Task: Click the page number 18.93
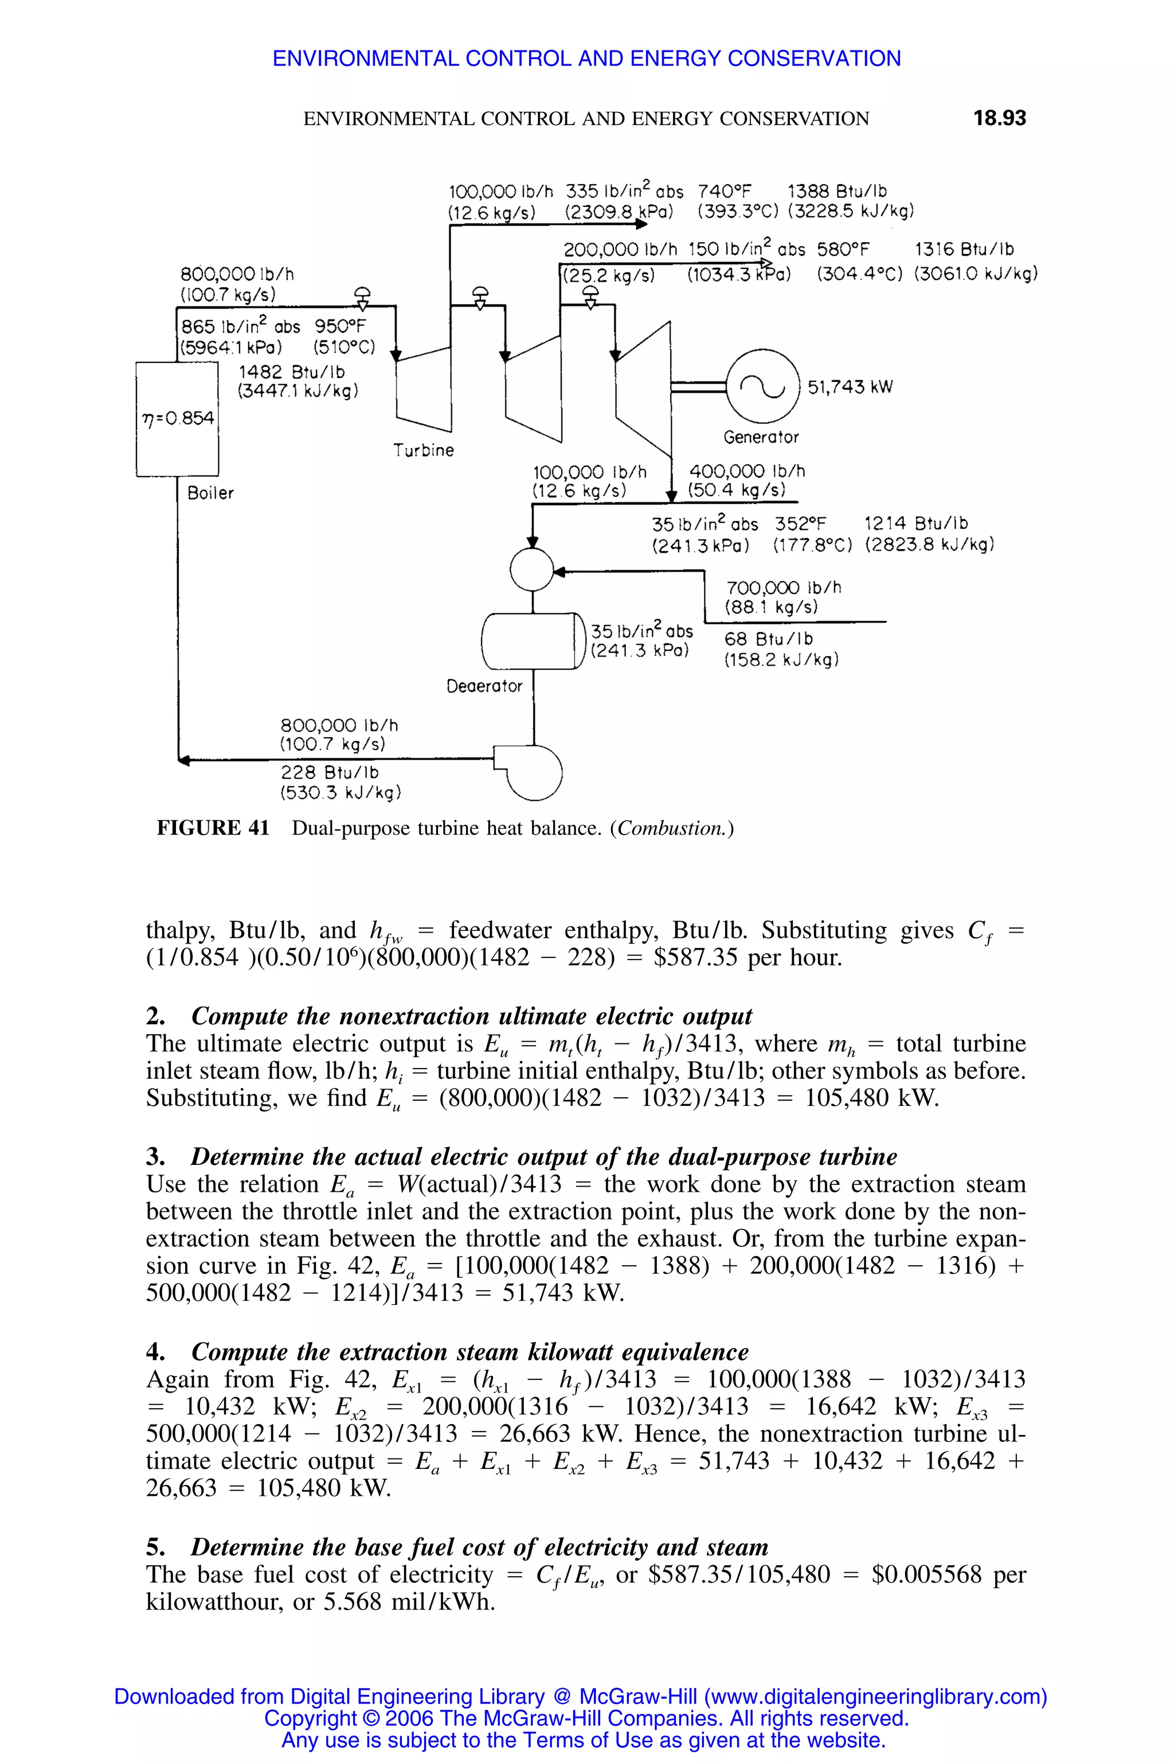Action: point(1000,118)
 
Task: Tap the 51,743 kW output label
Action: point(850,387)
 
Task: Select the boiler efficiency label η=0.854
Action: point(178,418)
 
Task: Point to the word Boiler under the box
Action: point(210,493)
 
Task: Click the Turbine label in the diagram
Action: point(424,450)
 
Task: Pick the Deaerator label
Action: point(484,685)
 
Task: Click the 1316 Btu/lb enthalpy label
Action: point(964,250)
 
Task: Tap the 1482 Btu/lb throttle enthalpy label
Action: point(292,372)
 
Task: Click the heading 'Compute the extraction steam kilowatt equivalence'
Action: point(469,1352)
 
